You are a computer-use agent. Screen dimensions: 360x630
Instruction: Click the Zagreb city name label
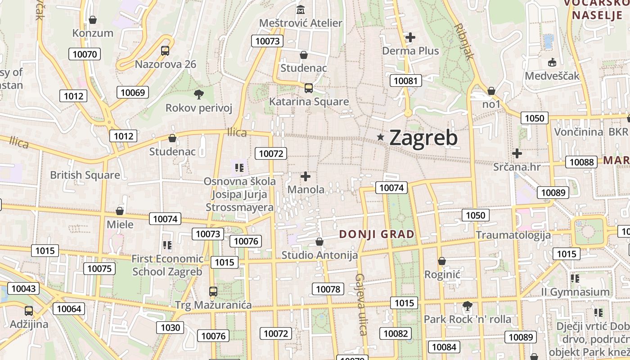pos(423,138)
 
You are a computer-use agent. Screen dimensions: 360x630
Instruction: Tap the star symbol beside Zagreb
pos(381,137)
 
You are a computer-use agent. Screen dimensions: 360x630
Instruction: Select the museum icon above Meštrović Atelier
pos(301,9)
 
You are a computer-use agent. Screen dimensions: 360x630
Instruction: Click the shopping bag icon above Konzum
pos(93,20)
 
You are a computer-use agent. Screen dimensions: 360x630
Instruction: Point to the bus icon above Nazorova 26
pos(165,50)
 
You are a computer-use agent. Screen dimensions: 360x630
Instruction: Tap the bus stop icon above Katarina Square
pos(309,88)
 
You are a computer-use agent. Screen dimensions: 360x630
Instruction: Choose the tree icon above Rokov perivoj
pos(198,94)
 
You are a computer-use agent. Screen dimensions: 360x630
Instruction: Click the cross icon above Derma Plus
pos(410,37)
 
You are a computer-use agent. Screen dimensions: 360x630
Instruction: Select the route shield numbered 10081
pos(406,81)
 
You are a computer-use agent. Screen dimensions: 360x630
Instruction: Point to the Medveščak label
pos(552,76)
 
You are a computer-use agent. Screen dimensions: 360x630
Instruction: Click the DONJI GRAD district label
pos(377,234)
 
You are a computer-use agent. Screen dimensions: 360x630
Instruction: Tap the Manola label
pos(306,189)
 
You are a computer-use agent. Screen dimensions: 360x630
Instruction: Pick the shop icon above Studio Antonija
pos(319,242)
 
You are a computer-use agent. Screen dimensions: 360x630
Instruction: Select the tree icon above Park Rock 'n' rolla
pos(468,306)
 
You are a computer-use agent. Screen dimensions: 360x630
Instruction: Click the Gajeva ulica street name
pos(361,304)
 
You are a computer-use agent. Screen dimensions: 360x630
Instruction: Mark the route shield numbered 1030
pos(170,328)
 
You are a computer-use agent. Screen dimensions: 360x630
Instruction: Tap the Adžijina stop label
pos(29,324)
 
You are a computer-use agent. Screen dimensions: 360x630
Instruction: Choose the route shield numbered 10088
pos(581,162)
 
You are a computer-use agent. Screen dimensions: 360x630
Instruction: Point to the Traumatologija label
pos(513,235)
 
